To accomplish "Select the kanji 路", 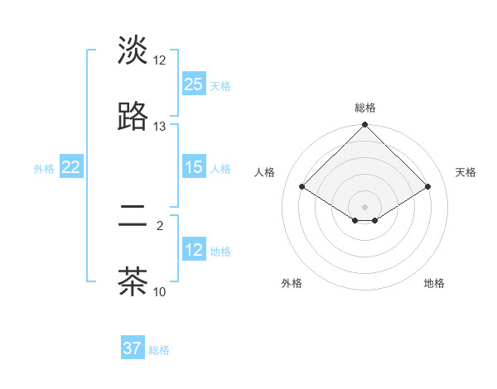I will coord(133,117).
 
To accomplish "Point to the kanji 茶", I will coord(133,281).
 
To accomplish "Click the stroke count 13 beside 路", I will coord(160,127).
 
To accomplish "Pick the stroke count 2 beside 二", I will coord(160,225).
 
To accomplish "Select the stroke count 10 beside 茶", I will coord(160,291).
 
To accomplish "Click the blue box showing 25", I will coord(194,84).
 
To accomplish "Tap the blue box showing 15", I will coord(194,167).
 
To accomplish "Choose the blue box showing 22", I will coord(71,167).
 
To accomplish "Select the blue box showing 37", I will coord(133,348).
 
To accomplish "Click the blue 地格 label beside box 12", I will coord(220,251).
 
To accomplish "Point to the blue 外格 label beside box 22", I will coord(44,168).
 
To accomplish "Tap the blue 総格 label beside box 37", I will coord(159,350).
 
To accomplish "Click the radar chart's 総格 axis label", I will coord(365,108).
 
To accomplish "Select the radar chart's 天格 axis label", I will coord(466,172).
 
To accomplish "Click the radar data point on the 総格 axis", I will coord(365,125).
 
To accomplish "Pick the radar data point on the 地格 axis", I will coord(375,220).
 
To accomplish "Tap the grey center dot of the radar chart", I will coord(365,206).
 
